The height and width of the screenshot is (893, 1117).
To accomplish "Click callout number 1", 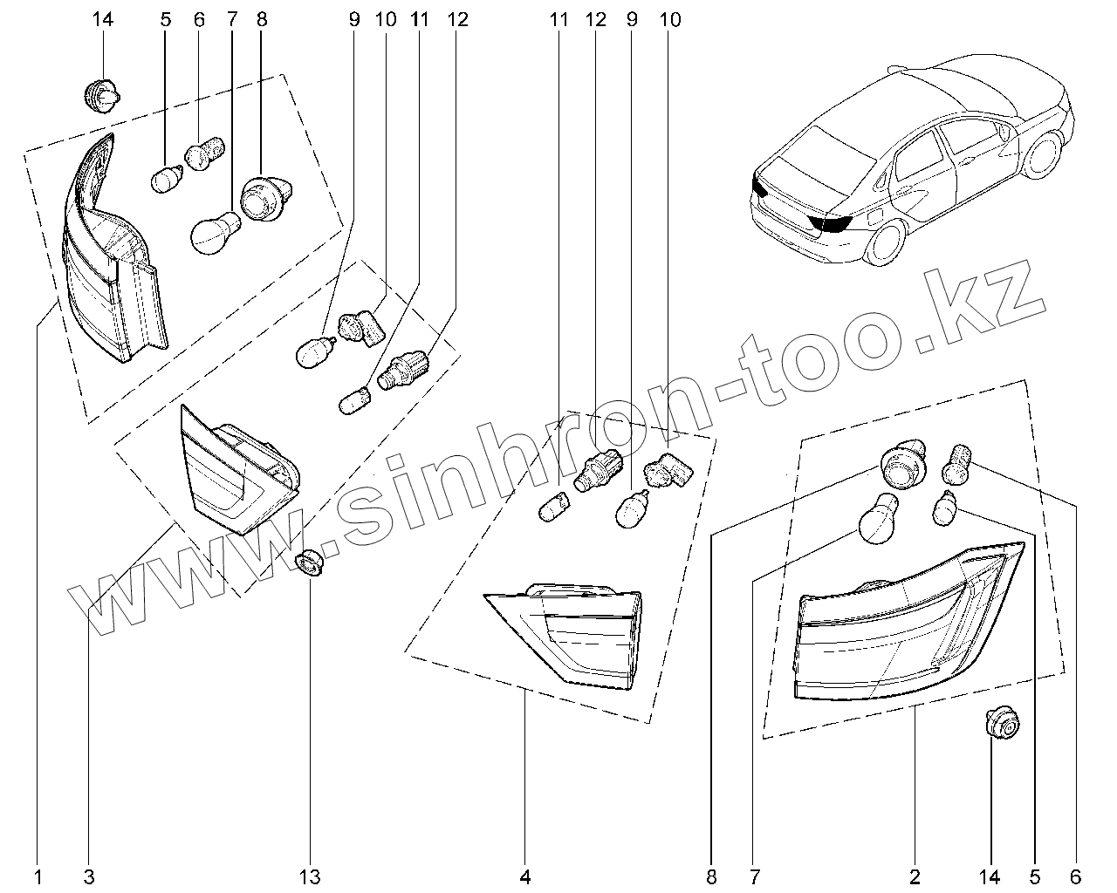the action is click(x=38, y=875).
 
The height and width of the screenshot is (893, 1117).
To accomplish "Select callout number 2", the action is click(x=915, y=875).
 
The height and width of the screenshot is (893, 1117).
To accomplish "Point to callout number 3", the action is click(x=89, y=875).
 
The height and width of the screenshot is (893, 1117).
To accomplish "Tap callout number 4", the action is click(x=525, y=875).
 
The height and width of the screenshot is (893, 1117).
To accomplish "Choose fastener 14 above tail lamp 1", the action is click(x=103, y=95).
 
